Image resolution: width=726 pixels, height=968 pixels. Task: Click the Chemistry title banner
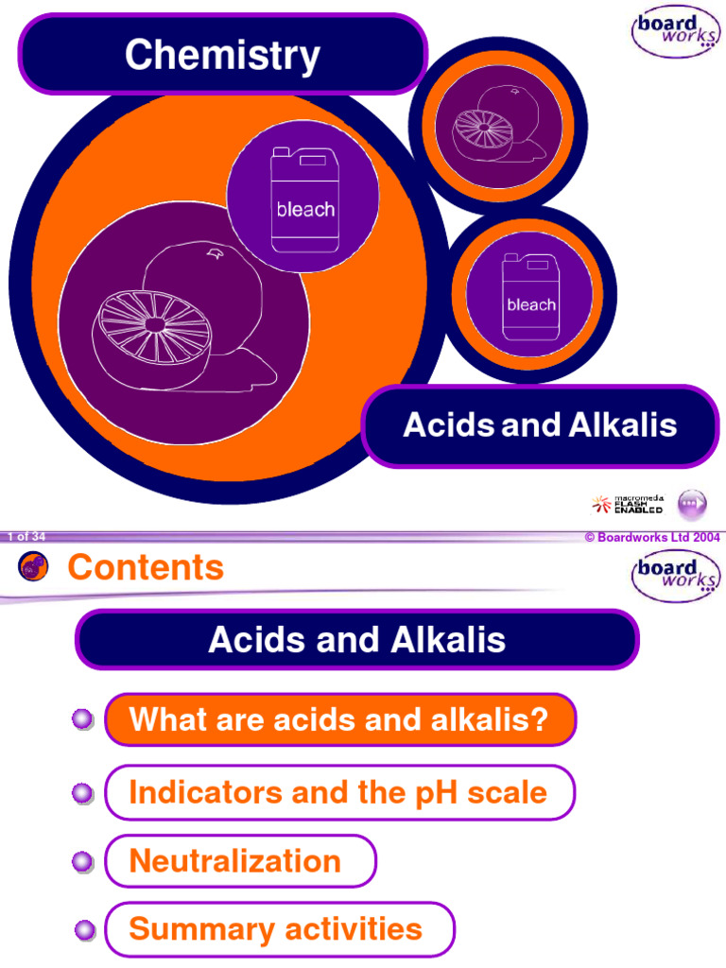223,55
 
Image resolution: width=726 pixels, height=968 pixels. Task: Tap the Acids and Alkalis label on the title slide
540,425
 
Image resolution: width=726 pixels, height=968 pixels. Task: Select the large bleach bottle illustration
303,199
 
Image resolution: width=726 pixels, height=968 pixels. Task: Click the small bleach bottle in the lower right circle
529,298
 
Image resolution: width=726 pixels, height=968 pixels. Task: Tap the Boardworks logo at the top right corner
675,35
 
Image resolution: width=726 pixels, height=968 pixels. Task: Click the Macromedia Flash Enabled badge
628,505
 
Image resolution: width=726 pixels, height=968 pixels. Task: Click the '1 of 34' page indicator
26,537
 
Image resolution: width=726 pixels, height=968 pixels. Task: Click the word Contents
146,568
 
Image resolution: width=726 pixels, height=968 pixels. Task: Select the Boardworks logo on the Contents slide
675,576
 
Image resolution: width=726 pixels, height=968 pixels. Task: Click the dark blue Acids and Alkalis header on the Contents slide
357,640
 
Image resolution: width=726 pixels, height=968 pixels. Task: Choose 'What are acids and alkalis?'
339,720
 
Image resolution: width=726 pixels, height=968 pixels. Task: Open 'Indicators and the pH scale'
338,792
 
